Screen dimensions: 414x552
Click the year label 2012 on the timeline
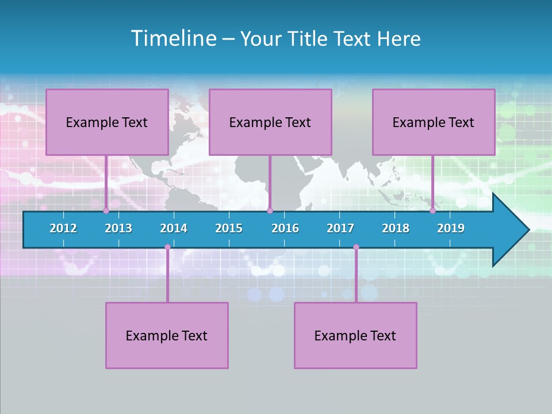click(x=63, y=228)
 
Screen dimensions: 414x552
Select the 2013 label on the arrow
click(x=118, y=228)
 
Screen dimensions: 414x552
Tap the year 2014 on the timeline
click(x=174, y=228)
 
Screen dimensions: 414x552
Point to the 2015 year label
click(x=229, y=228)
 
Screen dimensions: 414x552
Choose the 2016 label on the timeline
click(x=285, y=228)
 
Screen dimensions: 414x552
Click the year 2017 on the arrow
click(x=340, y=228)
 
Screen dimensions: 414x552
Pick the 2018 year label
click(x=396, y=228)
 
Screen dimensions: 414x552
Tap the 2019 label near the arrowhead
click(x=451, y=228)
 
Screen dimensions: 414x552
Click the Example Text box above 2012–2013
click(x=107, y=122)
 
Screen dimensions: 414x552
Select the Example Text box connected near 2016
click(x=270, y=122)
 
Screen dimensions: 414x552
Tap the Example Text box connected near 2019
click(x=434, y=122)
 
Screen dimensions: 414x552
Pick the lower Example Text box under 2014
click(x=167, y=335)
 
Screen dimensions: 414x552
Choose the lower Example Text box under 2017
click(x=355, y=335)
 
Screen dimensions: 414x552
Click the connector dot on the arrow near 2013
click(x=106, y=210)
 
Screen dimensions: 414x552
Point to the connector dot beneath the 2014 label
click(x=167, y=247)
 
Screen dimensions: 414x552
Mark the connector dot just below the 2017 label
click(x=356, y=247)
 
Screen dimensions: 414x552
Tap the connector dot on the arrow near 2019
click(x=432, y=210)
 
